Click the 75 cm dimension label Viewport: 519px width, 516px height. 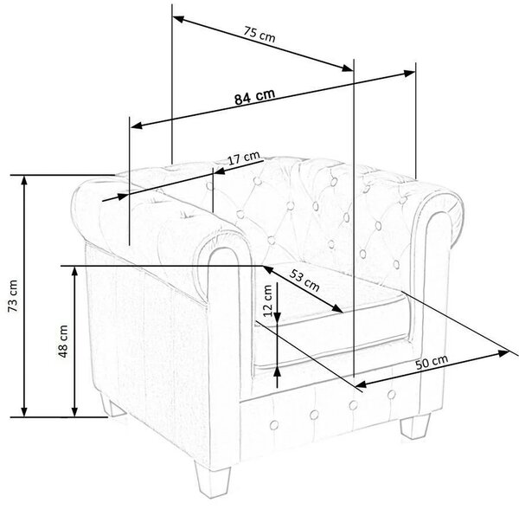(259, 34)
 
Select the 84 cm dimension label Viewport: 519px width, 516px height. (254, 96)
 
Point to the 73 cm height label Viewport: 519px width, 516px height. (13, 296)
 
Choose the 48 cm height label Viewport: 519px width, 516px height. (63, 341)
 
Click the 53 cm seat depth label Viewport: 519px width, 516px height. (304, 281)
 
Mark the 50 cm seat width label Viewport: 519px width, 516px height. (432, 362)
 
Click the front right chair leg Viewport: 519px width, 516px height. (415, 426)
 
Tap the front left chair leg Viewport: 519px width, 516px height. (213, 479)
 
